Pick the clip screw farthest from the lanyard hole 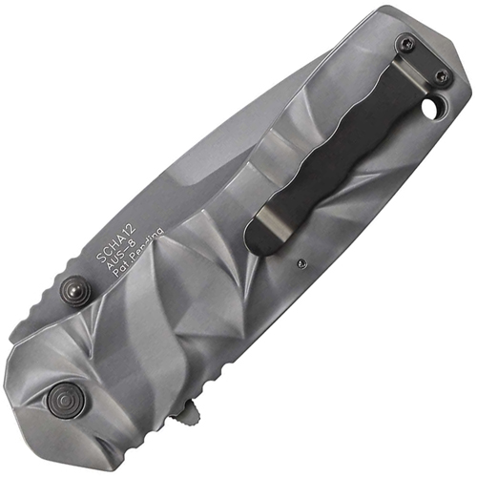(408, 43)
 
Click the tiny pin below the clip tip (301, 261)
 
